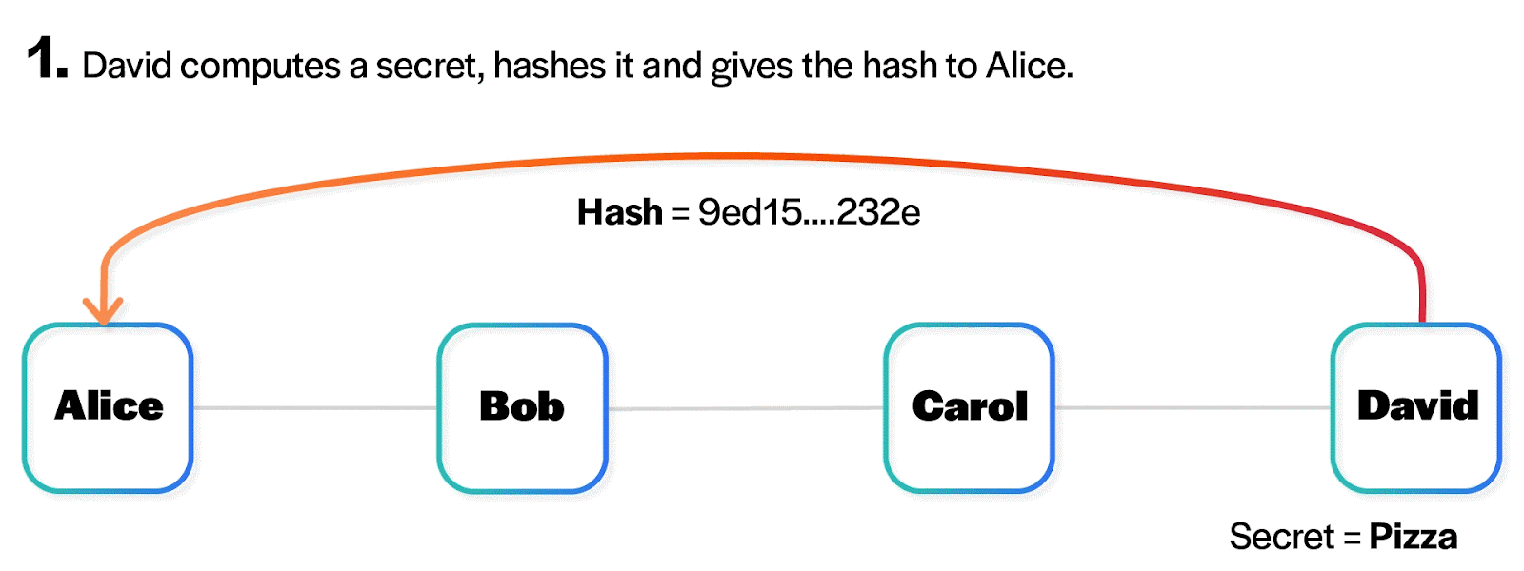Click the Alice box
click(108, 407)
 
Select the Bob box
click(522, 407)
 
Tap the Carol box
click(969, 407)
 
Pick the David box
click(1416, 407)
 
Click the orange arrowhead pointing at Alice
click(103, 310)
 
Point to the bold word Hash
click(619, 212)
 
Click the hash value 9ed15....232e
click(809, 212)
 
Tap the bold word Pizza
click(1413, 537)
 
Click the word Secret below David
click(1281, 537)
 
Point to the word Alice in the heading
click(1029, 66)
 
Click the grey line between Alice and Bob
click(315, 408)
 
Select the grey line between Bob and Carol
click(746, 409)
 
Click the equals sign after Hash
click(680, 213)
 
